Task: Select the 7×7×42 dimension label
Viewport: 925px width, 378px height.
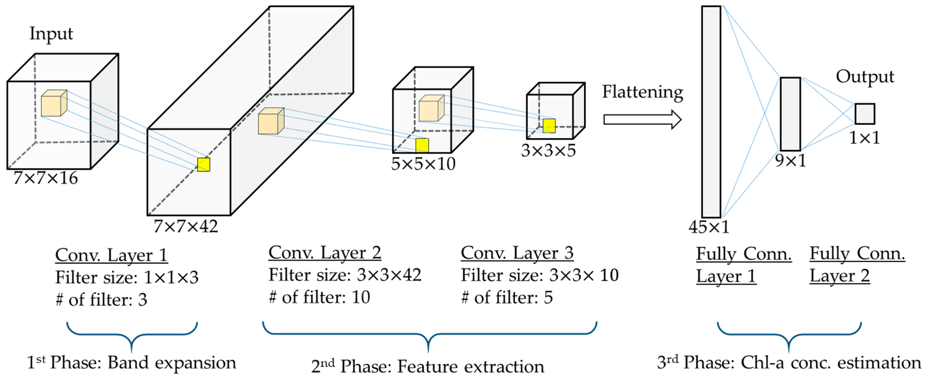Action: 186,226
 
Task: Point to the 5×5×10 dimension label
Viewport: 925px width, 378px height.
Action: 423,164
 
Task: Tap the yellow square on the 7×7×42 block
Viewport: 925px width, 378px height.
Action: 204,165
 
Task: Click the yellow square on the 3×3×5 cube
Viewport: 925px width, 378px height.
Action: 549,126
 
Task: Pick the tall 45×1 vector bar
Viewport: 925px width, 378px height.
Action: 711,111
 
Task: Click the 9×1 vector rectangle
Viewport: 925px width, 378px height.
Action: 790,114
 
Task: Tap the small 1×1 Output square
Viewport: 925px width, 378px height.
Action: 864,114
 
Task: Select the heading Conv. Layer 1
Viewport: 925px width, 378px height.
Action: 111,255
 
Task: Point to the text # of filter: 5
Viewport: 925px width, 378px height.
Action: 507,298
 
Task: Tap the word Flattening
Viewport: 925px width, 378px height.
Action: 642,92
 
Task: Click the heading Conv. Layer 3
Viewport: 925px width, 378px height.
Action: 517,253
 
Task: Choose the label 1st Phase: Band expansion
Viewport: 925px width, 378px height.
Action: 131,363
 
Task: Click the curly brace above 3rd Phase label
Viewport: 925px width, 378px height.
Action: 789,336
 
